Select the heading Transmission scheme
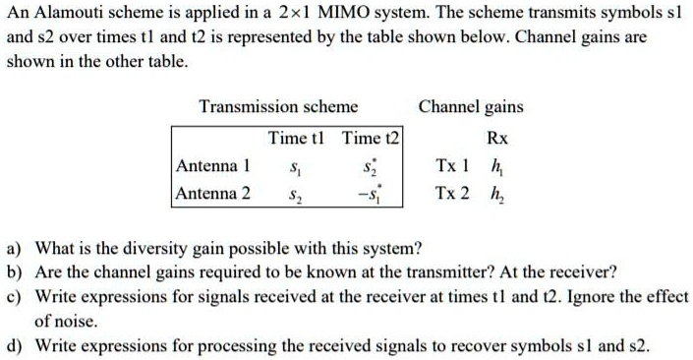tap(278, 106)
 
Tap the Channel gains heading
tap(471, 106)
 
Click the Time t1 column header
tap(299, 138)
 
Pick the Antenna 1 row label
tap(213, 165)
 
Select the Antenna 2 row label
tap(213, 193)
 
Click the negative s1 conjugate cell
tap(368, 194)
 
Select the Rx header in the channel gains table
tap(497, 139)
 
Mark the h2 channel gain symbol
tap(497, 194)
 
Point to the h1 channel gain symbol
tap(497, 166)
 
